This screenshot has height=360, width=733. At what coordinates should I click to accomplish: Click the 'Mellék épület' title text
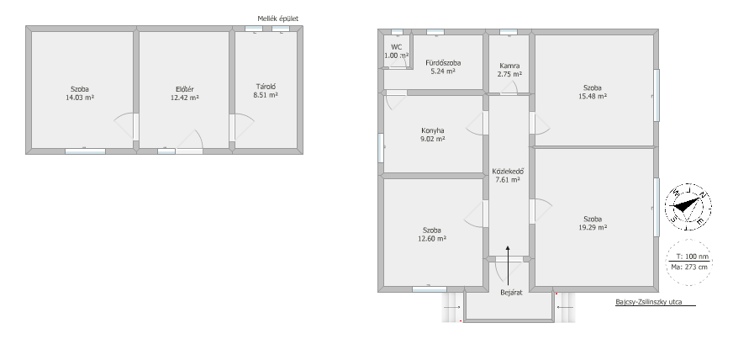tap(277, 19)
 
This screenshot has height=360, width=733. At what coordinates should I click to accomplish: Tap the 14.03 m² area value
tap(80, 98)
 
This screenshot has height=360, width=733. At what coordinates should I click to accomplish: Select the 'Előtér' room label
tap(185, 89)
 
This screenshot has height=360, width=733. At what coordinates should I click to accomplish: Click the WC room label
tap(397, 47)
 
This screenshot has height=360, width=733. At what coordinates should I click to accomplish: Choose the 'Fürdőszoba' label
tap(443, 62)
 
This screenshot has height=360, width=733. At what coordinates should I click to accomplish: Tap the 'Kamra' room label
tap(509, 66)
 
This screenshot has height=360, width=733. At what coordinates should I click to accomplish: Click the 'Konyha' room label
tap(433, 130)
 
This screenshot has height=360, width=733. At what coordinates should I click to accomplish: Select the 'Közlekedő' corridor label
tap(508, 171)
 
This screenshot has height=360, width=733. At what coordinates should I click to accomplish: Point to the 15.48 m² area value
tap(593, 96)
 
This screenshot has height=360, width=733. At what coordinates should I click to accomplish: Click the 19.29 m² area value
tap(593, 227)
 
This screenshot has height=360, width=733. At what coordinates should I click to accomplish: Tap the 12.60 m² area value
tap(432, 238)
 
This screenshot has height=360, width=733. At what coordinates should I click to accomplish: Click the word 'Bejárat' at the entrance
tap(511, 293)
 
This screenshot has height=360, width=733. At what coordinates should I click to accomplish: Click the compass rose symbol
tap(688, 207)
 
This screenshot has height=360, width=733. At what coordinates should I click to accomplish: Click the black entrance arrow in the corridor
tap(508, 265)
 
